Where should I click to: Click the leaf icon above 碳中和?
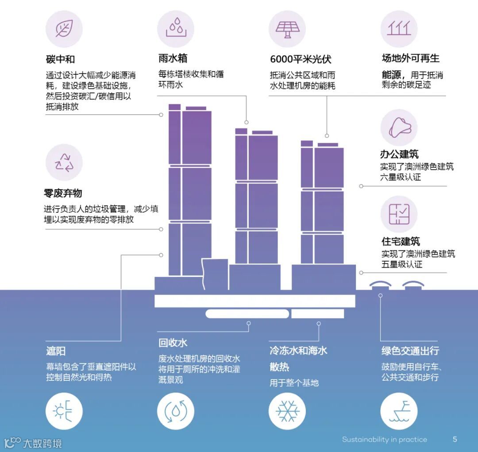coord(64,29)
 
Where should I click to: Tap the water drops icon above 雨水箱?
coord(176,29)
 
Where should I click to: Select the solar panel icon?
coord(287,29)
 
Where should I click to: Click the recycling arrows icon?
coord(64,162)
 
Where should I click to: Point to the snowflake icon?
coord(287,411)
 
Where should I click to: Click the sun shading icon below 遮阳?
coord(64,411)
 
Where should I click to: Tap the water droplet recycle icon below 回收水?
coord(176,411)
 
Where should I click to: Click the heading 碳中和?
coord(61,59)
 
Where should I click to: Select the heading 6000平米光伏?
coord(301,59)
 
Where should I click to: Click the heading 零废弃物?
coord(63,193)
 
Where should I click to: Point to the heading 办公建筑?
coord(399,154)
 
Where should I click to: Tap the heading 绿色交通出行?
coord(410,351)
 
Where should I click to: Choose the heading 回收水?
coord(173,343)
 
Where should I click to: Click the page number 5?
coord(455,439)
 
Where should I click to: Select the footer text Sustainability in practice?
coord(384,440)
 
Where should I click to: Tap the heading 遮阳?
coord(56,351)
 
